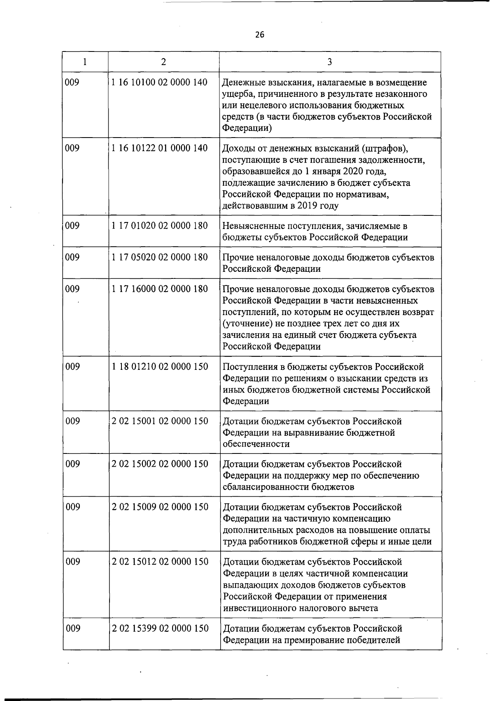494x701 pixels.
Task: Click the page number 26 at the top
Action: [259, 35]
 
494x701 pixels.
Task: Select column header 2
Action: [164, 62]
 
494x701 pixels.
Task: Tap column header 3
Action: [330, 62]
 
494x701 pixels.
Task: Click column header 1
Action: [85, 62]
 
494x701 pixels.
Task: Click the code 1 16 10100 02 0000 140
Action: [160, 82]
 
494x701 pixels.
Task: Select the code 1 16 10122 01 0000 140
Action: [160, 148]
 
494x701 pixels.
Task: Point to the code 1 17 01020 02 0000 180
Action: [160, 226]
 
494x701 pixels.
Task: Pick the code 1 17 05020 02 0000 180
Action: [160, 257]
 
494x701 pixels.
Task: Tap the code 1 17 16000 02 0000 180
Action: [160, 289]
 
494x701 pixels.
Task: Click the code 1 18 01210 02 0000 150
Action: [160, 367]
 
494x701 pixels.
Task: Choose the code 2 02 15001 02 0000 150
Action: [160, 421]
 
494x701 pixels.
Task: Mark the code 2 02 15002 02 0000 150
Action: [160, 464]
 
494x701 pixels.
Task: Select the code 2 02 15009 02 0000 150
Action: [160, 507]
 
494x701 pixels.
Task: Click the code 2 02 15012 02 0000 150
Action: [160, 562]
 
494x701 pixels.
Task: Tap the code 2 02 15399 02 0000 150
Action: [160, 629]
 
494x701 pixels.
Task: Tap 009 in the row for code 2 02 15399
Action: [73, 629]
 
